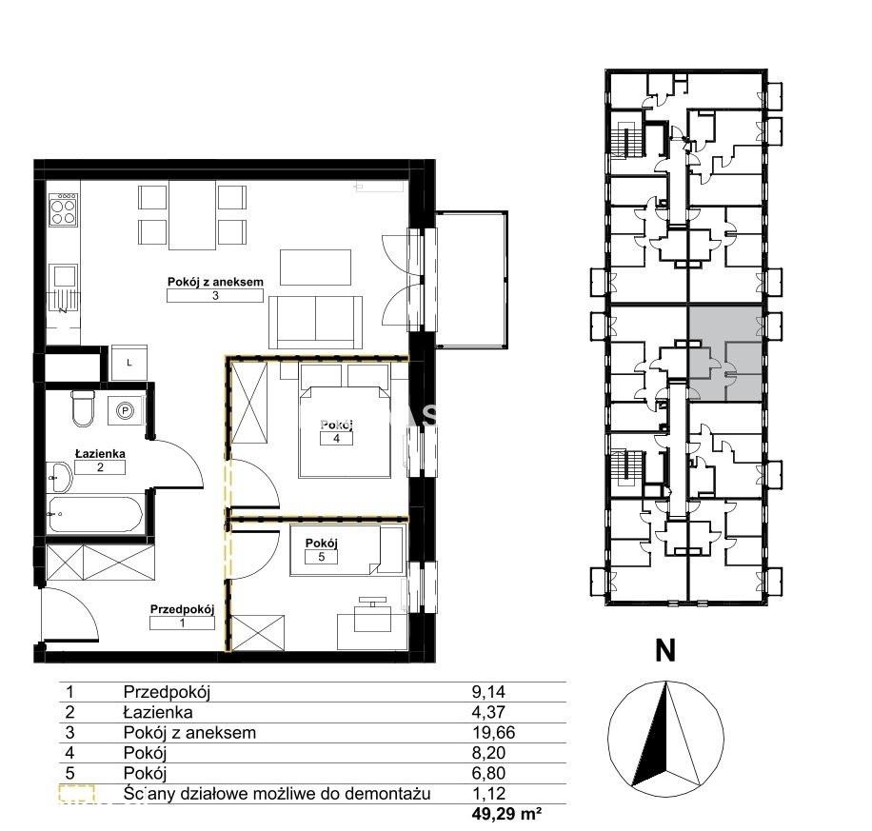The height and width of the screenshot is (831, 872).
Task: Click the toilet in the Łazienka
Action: (83, 407)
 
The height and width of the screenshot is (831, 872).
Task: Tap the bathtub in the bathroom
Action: (95, 513)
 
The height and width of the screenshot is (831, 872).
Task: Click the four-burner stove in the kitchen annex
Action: (63, 209)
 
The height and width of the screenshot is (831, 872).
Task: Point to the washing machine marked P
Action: (126, 410)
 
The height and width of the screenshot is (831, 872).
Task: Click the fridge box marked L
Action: (129, 363)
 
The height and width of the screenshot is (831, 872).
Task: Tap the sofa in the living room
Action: (315, 322)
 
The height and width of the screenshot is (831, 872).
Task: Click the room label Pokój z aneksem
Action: (215, 282)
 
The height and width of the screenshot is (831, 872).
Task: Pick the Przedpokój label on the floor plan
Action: (182, 609)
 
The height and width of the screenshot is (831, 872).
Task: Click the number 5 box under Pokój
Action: (322, 557)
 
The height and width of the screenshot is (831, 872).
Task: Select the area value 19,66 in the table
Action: (493, 733)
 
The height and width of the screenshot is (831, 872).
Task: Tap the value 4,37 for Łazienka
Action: (488, 712)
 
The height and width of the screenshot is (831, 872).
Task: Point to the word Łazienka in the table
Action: (158, 712)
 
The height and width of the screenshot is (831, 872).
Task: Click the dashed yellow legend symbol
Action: (77, 794)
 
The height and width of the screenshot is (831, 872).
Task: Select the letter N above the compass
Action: (665, 650)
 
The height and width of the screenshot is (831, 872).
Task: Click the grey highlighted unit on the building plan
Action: (725, 353)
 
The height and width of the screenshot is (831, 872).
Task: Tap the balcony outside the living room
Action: (471, 279)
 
